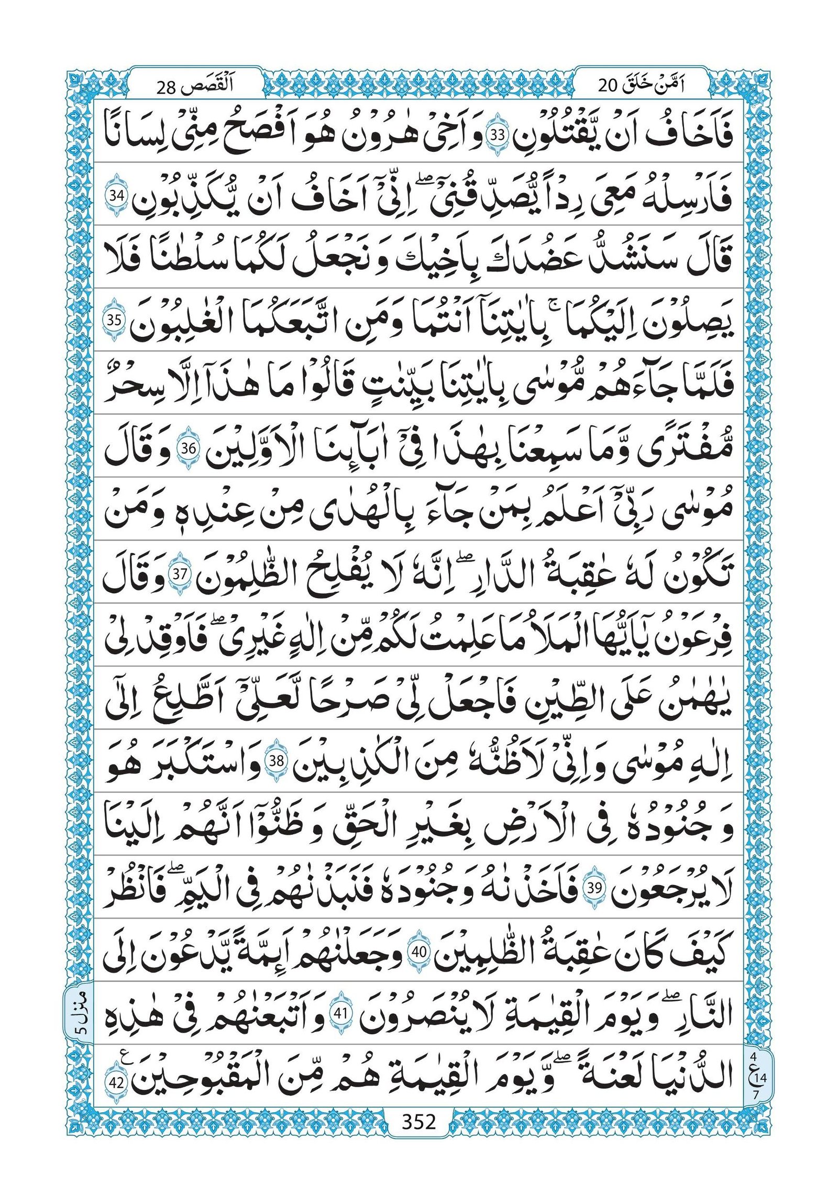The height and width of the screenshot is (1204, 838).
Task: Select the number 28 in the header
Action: click(167, 86)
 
